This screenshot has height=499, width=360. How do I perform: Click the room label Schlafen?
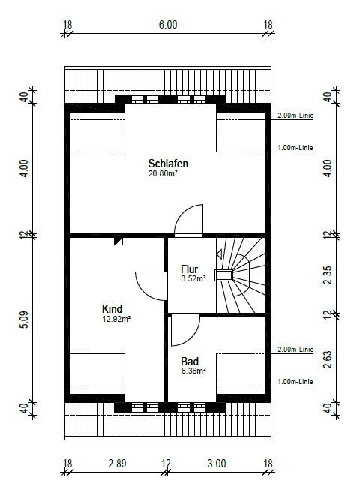tap(168, 164)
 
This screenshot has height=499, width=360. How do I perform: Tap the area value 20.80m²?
tap(163, 173)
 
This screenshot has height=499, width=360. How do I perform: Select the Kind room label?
tap(112, 308)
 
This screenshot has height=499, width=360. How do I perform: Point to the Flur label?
tap(189, 269)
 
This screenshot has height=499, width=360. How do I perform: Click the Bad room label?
tap(190, 361)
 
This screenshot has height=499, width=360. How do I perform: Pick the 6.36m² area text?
tap(193, 371)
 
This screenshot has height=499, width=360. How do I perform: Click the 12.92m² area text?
tap(116, 319)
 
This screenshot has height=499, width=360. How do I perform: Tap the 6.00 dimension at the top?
tap(168, 25)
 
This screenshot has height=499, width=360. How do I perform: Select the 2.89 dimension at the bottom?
tap(117, 464)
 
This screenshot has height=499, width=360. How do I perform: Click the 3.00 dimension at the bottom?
tap(217, 464)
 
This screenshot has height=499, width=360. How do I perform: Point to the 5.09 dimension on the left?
tap(25, 320)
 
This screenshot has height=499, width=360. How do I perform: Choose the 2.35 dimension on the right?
tap(328, 275)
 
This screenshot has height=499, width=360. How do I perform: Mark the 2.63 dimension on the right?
tap(328, 359)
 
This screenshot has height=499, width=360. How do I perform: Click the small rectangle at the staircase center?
tap(224, 275)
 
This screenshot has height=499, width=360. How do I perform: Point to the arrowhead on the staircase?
tap(220, 254)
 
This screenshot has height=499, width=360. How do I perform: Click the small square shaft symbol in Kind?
tap(118, 241)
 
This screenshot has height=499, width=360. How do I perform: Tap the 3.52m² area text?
tap(193, 278)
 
